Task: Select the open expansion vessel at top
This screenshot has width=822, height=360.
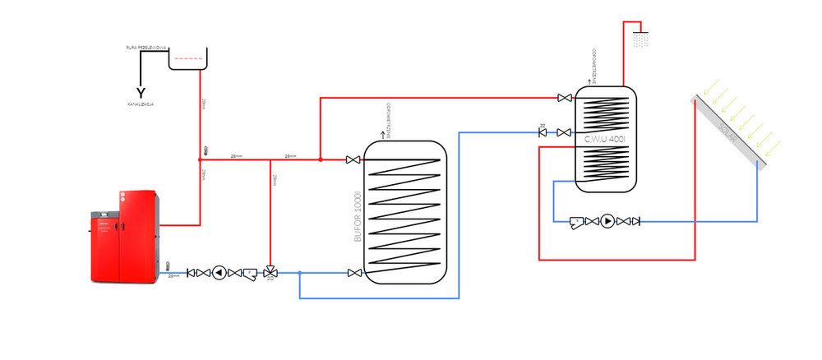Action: pos(188,58)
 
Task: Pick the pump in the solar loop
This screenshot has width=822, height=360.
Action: pos(607,220)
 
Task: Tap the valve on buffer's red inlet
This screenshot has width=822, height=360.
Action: pos(353,159)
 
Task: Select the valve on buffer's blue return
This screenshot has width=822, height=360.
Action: pos(353,273)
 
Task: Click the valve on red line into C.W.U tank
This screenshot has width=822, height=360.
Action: pos(564,99)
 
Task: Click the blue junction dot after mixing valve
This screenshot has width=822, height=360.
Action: pos(300,273)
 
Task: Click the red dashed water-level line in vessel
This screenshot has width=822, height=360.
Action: pos(188,58)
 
